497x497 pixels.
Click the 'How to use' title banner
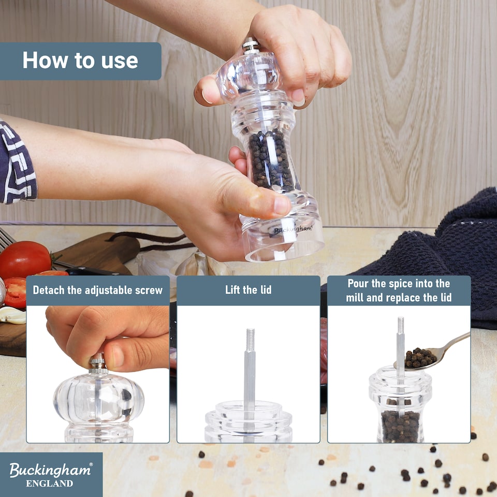pyautogui.click(x=80, y=61)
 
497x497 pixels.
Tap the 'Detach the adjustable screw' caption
pyautogui.click(x=98, y=290)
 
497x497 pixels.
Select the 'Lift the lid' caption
pyautogui.click(x=248, y=290)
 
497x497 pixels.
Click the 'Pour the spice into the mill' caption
pyautogui.click(x=399, y=290)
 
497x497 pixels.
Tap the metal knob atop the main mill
pyautogui.click(x=251, y=45)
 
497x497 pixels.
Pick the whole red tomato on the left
pyautogui.click(x=25, y=259)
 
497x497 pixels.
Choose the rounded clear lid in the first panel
pyautogui.click(x=98, y=399)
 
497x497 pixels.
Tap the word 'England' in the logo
pyautogui.click(x=50, y=484)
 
